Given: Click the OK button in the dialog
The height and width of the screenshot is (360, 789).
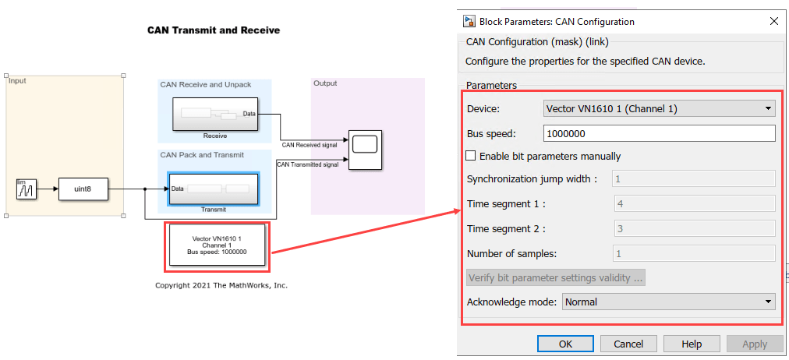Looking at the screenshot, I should coord(565,344).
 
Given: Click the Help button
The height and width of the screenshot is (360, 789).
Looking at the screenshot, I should coord(692,344).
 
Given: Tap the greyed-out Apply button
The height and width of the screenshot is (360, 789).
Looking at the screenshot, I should coord(754,344).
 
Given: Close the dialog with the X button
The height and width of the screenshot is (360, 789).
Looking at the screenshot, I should coord(773,21).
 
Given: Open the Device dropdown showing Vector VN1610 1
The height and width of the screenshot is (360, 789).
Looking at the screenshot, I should coord(659,108).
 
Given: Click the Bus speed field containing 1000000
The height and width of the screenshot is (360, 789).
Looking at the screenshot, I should coord(659,133).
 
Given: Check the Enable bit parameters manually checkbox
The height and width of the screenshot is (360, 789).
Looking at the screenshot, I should coord(470,156).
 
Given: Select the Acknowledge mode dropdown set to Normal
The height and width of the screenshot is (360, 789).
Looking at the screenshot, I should coord(668,302).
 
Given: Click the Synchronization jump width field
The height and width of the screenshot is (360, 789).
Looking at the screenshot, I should coord(693,178).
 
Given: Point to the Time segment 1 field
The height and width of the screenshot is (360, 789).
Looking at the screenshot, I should coord(693,203).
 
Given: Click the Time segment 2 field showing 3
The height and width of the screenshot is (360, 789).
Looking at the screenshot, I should coord(693,228).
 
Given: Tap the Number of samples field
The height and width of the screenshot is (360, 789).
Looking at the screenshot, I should coord(693,253).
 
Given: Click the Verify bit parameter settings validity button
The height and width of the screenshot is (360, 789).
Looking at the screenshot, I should coord(556,277).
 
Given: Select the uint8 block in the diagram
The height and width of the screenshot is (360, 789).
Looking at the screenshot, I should coord(83,189).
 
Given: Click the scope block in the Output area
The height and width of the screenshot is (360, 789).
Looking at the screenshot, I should coord(364,148).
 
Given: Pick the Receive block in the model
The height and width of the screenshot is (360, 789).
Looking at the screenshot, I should coord(214,115).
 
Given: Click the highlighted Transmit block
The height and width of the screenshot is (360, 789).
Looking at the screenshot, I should coord(213,189).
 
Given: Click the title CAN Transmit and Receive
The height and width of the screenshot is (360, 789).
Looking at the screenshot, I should coord(214,30).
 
